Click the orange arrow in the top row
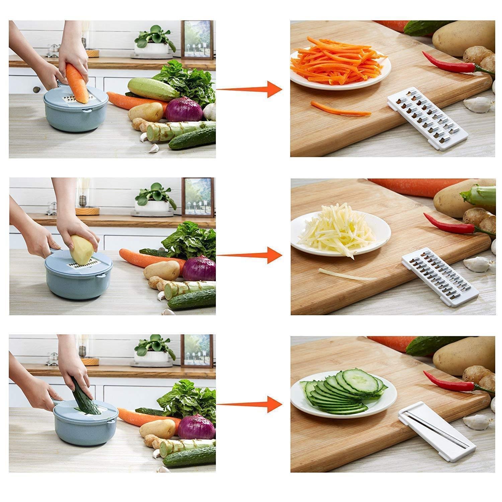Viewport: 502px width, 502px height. point(249,89)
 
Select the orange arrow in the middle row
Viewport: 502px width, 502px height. point(249,255)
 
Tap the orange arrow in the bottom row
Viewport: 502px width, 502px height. point(249,404)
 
